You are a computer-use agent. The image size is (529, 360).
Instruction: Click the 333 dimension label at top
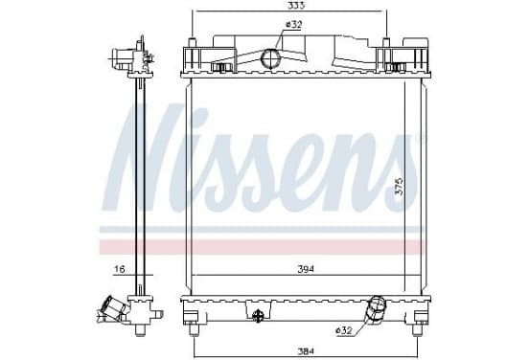point(297,5)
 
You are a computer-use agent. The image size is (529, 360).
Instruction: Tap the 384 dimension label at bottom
point(306,350)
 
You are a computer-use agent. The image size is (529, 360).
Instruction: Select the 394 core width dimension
point(306,269)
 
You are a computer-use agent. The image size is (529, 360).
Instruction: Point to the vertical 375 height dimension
point(399,186)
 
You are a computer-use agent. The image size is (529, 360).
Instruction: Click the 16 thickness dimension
point(120,269)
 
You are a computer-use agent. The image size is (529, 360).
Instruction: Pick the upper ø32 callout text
point(293,24)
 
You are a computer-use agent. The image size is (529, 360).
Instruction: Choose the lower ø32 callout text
point(344,330)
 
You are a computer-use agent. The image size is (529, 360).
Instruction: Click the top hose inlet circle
point(270,58)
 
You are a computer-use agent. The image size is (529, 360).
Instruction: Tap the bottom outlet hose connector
point(377,309)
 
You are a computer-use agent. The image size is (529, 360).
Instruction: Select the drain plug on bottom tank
point(258,315)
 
